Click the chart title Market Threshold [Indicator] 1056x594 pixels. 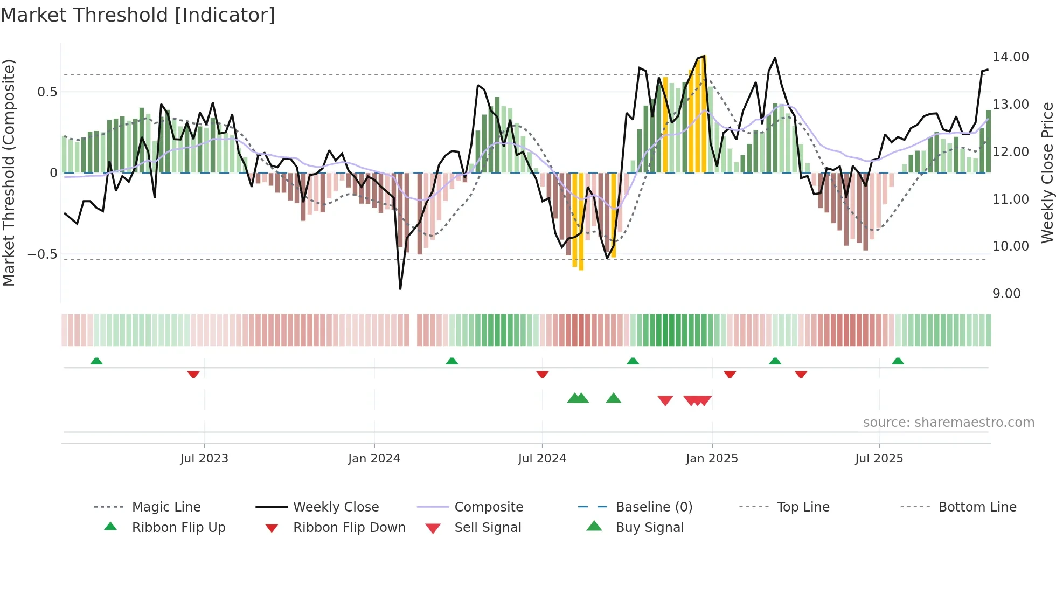tap(138, 15)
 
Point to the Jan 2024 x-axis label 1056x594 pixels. tap(374, 459)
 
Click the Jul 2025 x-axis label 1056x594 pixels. tap(879, 459)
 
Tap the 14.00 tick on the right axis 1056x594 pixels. tap(1010, 57)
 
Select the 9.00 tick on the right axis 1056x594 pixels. tap(1006, 294)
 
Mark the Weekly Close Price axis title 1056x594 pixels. tap(1047, 172)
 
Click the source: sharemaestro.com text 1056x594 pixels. tap(948, 423)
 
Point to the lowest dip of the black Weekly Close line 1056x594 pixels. tap(400, 289)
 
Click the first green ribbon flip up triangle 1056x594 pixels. tap(96, 361)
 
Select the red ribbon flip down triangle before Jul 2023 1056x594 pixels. tap(193, 375)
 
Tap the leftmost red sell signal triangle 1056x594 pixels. tap(665, 400)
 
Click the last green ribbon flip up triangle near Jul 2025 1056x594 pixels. tap(898, 361)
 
